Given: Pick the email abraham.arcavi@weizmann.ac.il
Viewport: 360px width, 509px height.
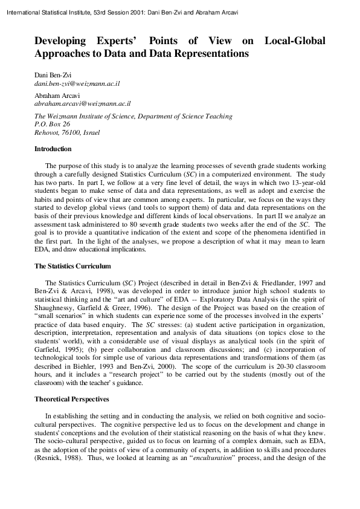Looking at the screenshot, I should [80, 104].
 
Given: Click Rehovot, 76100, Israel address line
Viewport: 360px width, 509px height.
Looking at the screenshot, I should [67, 132].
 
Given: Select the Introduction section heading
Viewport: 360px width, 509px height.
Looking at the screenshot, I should [53, 149].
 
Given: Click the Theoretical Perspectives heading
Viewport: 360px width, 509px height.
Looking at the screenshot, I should [72, 400].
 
